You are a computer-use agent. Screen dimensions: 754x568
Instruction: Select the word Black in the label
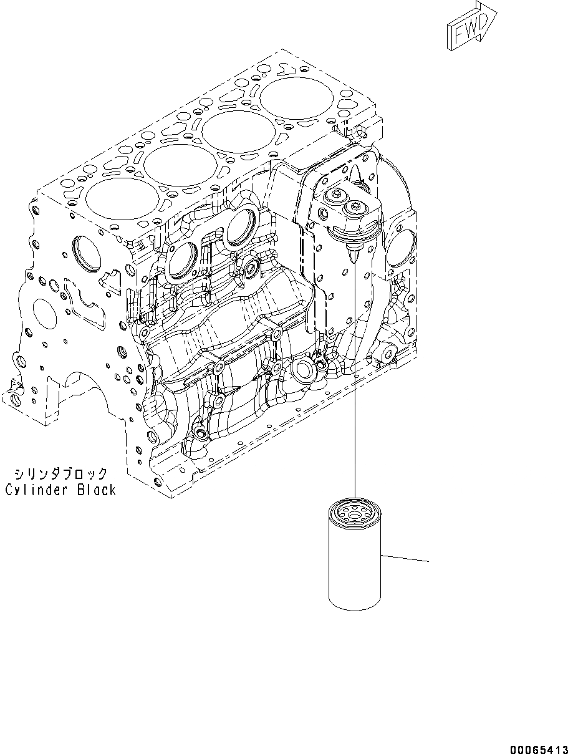click(x=97, y=490)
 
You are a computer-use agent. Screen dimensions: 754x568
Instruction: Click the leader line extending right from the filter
click(x=405, y=558)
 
